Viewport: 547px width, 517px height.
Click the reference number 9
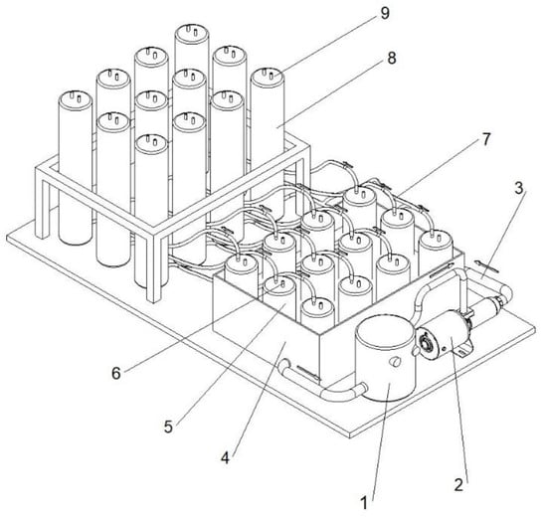[x=384, y=14]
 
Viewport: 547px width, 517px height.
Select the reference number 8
[x=392, y=58]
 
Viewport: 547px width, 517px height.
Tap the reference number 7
[x=486, y=139]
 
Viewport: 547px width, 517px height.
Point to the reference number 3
[x=519, y=188]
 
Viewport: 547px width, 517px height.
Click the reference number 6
[x=116, y=373]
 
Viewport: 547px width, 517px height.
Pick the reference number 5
[x=168, y=427]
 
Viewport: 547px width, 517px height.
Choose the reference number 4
[x=226, y=457]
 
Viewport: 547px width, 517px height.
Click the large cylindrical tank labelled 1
[x=386, y=359]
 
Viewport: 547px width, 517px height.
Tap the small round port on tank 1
[x=395, y=362]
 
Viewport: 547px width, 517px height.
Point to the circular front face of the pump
[x=427, y=343]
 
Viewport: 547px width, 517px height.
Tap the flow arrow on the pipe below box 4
[x=307, y=373]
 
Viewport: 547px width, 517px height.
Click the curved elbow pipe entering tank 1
[x=344, y=393]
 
